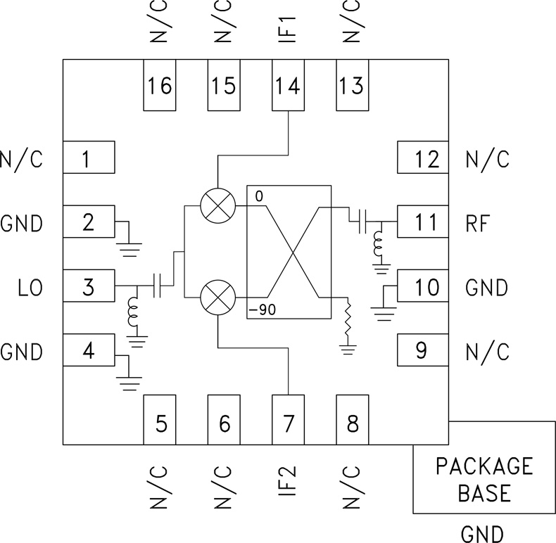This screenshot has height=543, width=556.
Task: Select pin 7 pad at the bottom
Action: [287, 420]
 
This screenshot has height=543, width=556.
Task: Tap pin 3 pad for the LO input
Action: [89, 286]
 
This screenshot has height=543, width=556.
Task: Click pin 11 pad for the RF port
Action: [422, 223]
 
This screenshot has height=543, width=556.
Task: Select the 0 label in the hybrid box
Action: [258, 196]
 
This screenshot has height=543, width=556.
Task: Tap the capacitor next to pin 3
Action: [163, 286]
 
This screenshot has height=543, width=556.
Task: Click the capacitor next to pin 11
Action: [360, 222]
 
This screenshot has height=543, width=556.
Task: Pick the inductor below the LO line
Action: [132, 314]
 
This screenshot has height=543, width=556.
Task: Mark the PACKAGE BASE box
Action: [484, 478]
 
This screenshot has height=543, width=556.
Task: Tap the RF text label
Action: [481, 224]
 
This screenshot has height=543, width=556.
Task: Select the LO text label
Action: [28, 287]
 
